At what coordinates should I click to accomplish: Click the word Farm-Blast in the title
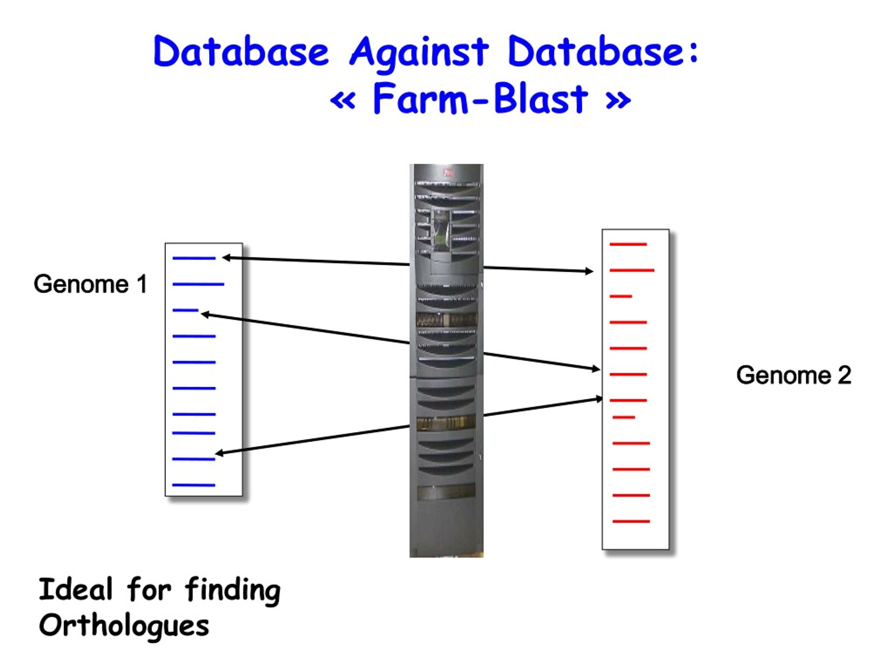pos(480,99)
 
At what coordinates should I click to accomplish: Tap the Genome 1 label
pos(90,284)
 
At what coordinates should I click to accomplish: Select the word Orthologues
pos(124,626)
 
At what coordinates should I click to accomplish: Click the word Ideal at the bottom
pos(75,590)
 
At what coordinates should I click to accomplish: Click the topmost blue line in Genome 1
pos(194,258)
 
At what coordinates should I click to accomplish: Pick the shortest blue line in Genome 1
pos(185,310)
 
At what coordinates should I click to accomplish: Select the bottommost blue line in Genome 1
pos(194,485)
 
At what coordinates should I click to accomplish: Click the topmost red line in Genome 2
pos(628,244)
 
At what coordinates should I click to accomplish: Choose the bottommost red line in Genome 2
pos(631,521)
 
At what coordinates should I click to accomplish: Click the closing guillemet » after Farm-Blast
pos(618,100)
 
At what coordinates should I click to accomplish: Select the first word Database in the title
pos(241,52)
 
